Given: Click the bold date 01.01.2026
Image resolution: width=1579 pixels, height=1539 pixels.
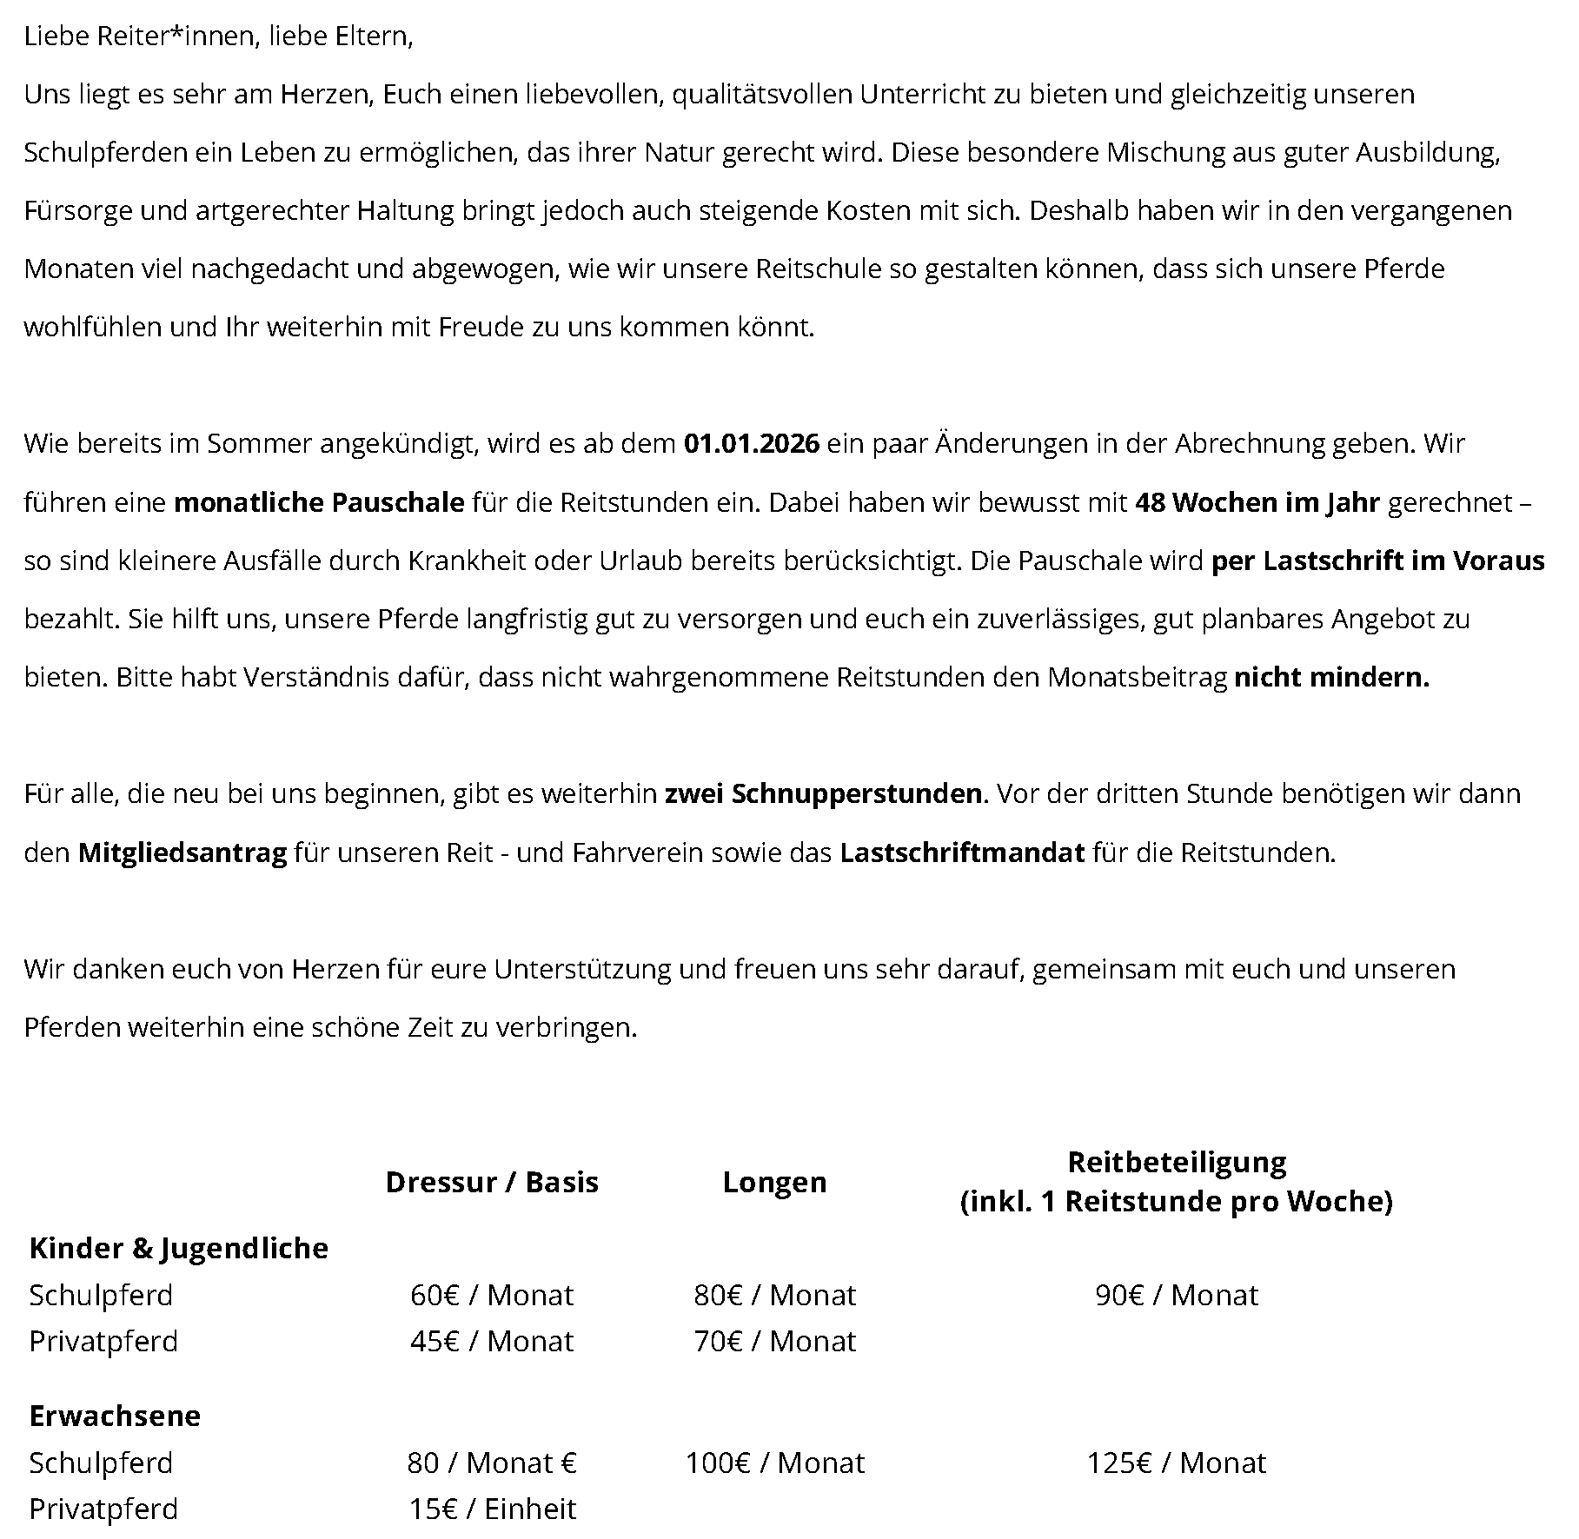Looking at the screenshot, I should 751,444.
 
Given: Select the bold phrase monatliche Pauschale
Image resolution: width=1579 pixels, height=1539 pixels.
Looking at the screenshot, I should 319,503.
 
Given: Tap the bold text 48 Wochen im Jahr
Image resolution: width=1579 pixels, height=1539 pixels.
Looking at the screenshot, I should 1257,503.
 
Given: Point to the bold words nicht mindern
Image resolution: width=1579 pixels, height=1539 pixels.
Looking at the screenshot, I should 1331,677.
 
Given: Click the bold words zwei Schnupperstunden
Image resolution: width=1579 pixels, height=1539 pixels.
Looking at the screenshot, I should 823,794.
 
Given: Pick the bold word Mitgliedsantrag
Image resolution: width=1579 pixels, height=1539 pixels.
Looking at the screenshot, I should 182,853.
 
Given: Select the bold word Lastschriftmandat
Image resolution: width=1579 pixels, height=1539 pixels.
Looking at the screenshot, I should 962,853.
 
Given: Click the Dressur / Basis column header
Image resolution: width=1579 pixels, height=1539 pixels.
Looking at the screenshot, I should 492,1182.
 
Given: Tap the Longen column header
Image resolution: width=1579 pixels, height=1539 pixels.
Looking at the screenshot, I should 774,1182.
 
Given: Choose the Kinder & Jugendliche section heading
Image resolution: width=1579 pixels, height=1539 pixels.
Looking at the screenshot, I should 179,1248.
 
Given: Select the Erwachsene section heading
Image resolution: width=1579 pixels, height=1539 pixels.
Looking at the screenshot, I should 115,1416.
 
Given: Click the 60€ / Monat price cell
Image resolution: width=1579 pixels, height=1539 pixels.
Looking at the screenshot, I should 492,1295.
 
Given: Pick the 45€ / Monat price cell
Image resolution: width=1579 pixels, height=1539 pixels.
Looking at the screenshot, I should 492,1341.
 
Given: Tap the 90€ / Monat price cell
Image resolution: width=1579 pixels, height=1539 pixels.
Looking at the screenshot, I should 1176,1295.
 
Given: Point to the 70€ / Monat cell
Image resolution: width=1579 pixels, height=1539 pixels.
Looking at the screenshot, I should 774,1341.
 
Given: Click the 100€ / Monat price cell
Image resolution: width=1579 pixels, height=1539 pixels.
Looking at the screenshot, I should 774,1463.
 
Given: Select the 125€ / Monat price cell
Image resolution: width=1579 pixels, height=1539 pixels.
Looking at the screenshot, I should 1176,1463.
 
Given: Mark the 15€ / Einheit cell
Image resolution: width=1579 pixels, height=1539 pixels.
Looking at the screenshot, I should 492,1509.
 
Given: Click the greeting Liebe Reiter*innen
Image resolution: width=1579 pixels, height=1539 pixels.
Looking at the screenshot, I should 140,36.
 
